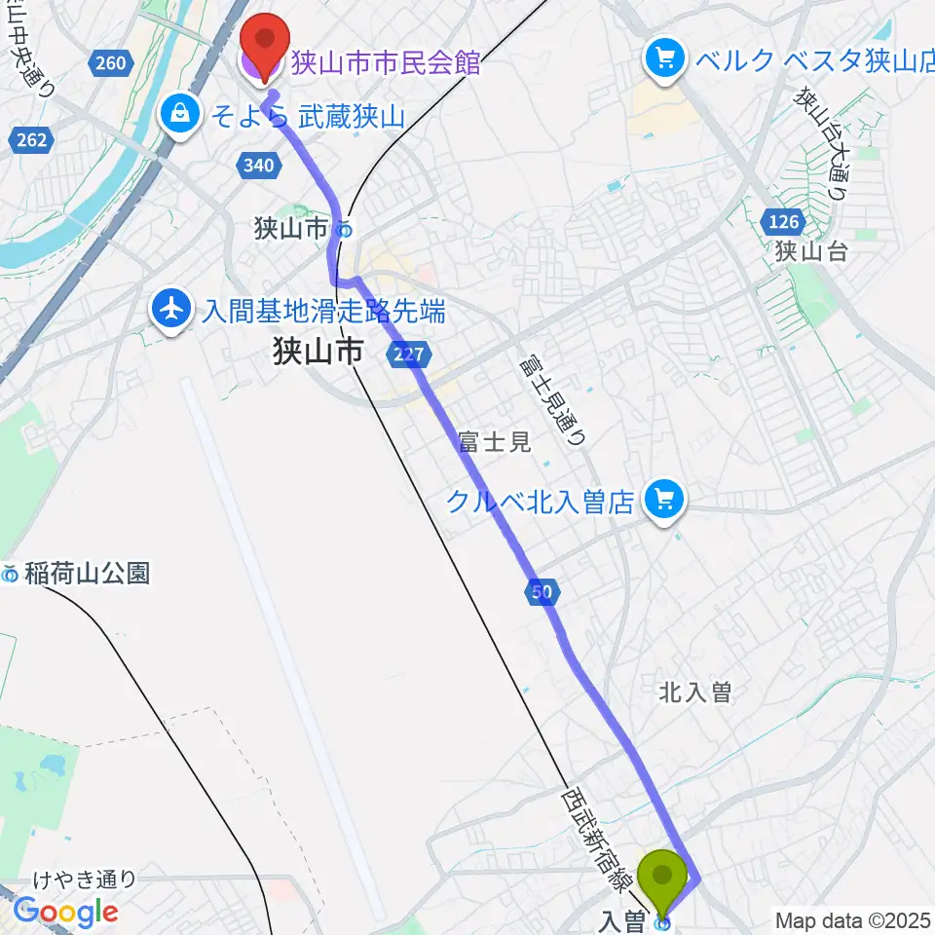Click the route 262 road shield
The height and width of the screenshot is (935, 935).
(32, 140)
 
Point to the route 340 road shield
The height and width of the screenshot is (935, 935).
(259, 166)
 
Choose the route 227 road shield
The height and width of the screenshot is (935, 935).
(407, 355)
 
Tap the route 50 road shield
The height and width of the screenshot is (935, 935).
(542, 591)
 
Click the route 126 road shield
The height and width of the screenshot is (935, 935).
(784, 223)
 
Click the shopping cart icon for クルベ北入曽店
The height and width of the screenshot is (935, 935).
(666, 503)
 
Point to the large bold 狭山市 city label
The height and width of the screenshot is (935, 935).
(318, 350)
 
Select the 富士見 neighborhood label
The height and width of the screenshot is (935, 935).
(496, 442)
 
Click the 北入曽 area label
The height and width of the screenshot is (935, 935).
(695, 692)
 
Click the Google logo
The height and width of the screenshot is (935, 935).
(66, 913)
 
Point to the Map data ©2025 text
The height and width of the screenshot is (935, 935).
(853, 919)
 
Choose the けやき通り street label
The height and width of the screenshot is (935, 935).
(87, 880)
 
